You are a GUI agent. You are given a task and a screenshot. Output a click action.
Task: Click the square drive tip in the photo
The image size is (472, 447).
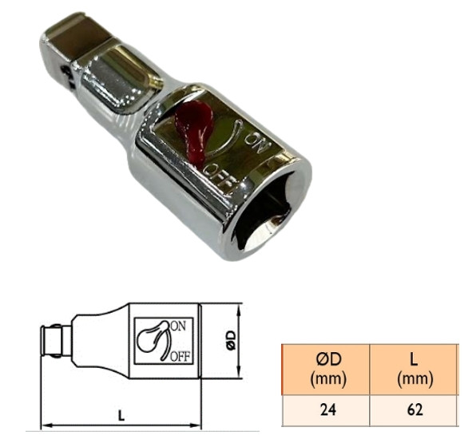click(71, 44)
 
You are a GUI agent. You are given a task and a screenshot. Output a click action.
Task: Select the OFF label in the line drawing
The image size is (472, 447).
click(179, 356)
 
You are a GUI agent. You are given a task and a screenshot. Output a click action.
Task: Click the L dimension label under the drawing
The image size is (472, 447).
click(121, 415)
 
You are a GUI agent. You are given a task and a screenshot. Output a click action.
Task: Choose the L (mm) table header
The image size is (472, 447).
click(414, 368)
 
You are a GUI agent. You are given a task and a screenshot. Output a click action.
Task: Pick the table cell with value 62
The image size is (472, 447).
click(414, 410)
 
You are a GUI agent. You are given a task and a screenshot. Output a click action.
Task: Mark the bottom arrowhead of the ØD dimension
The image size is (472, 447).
click(239, 376)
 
